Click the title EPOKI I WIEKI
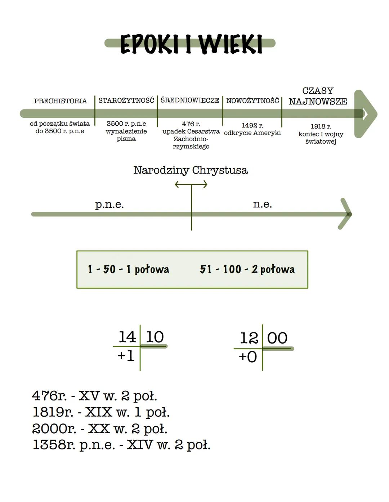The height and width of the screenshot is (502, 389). point(191,44)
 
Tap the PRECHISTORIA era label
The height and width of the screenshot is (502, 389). point(61,101)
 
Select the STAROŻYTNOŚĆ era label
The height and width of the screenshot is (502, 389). point(126,100)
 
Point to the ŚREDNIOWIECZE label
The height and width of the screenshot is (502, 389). point(190,100)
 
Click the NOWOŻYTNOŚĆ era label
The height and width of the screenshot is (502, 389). point(252,101)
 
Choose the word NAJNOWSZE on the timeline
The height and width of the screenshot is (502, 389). point(318,102)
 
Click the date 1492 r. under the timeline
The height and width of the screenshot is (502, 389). point(252,125)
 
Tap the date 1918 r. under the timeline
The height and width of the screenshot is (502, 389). point(321,126)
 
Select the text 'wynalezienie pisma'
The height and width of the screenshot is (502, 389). point(126,135)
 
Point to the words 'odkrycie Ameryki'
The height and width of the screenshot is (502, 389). point(252,133)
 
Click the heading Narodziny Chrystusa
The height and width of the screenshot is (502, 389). point(191,170)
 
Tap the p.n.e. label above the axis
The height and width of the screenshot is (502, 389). point(109,205)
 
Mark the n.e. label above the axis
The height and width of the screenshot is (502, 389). point(262,204)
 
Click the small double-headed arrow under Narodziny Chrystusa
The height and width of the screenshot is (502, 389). point(191,185)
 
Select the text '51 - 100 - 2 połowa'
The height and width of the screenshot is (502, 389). point(247,269)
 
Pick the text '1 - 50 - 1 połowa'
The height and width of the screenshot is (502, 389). point(128,269)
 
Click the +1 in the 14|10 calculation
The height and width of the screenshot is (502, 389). point(126,356)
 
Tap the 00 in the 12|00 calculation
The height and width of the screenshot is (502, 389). point(277,338)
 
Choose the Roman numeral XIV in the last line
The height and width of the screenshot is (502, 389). point(140,445)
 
